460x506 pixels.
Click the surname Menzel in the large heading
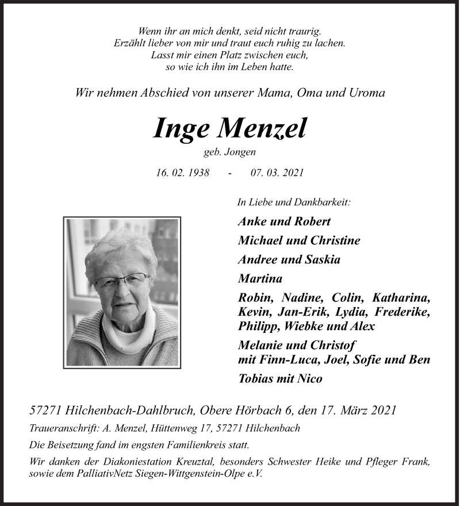pos(261,129)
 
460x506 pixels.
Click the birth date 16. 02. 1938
pos(183,172)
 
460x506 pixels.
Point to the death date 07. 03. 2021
pos(277,172)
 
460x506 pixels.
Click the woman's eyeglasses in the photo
pos(122,280)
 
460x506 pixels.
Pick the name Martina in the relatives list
pos(260,279)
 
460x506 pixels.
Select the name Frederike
pos(402,312)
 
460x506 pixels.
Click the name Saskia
pos(320,259)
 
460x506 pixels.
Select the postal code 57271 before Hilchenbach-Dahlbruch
pos(46,410)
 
